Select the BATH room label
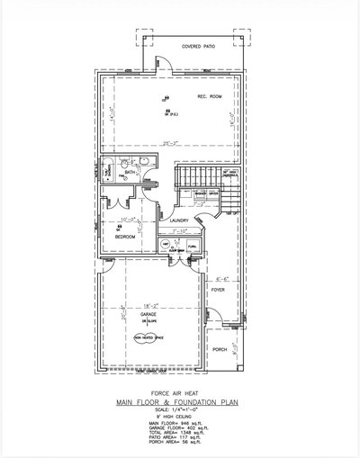pyautogui.click(x=130, y=172)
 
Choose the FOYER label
pyautogui.click(x=217, y=292)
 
